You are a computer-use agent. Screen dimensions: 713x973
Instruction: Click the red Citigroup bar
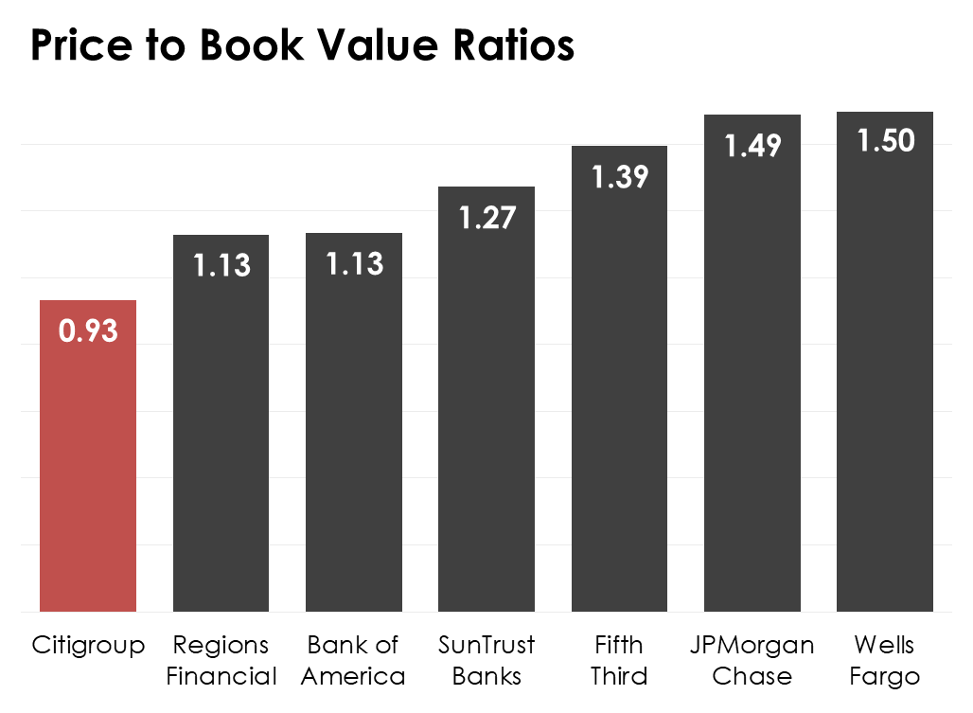[88, 473]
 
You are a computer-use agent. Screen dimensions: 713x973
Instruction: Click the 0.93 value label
[88, 331]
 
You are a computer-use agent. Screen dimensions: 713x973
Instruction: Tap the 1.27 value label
[486, 218]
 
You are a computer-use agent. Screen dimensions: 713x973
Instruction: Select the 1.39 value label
[620, 177]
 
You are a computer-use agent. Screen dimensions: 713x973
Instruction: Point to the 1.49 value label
[752, 146]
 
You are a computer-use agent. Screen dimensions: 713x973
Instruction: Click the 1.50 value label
[886, 141]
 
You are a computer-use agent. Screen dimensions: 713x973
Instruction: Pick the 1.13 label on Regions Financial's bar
[221, 266]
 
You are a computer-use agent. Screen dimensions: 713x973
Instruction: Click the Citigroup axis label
[88, 646]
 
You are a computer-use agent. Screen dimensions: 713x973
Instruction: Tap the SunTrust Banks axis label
[486, 661]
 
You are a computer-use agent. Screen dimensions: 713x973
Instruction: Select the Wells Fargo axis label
[885, 661]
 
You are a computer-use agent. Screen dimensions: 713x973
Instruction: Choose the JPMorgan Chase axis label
[752, 661]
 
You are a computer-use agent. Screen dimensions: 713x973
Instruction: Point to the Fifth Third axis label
[620, 661]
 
